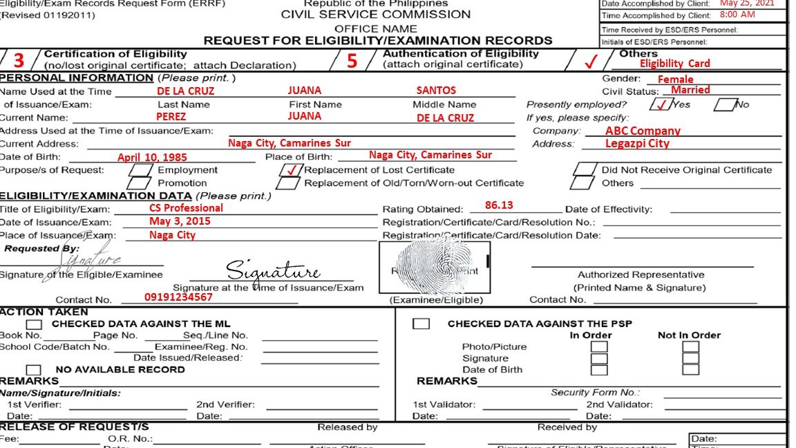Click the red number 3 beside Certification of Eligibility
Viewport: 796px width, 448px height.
click(19, 60)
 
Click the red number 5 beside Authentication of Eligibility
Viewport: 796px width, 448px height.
click(352, 61)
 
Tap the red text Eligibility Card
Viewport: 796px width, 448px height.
click(674, 64)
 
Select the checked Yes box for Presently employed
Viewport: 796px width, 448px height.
click(661, 105)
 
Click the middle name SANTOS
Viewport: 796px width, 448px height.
click(436, 91)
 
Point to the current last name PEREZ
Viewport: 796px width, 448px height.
click(171, 117)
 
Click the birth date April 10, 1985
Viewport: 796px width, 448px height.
click(152, 158)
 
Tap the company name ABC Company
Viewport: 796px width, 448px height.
click(643, 131)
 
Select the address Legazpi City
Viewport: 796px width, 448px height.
click(637, 144)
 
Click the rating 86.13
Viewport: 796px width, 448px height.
click(499, 205)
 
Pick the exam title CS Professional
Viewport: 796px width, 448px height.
click(186, 208)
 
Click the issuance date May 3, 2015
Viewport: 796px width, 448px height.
click(180, 221)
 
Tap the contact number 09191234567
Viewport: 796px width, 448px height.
click(178, 297)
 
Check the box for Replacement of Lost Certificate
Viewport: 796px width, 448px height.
click(291, 169)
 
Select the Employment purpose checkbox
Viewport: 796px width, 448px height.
click(142, 170)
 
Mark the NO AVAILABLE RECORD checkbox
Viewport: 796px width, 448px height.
click(32, 370)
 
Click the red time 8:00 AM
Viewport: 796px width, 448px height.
click(737, 15)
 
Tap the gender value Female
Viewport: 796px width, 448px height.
click(674, 80)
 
